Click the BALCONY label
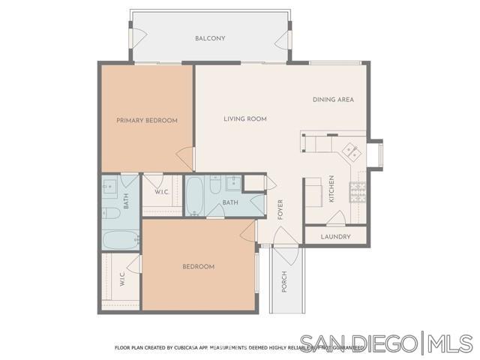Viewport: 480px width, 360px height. pos(210,38)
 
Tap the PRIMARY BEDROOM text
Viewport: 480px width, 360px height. pos(146,121)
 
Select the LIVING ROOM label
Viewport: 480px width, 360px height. pos(245,118)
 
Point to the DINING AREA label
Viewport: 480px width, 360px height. pos(333,100)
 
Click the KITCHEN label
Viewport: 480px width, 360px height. pos(331,189)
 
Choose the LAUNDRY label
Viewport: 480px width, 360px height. pos(335,237)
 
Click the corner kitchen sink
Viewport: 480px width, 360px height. pos(350,151)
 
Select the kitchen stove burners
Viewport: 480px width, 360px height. pos(359,191)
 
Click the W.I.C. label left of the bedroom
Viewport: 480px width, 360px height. pos(121,280)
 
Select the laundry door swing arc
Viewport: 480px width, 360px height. pos(334,218)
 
